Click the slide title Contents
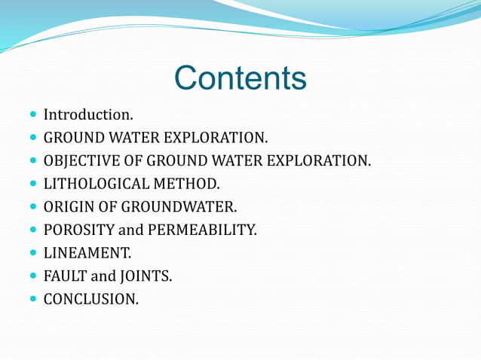point(240,78)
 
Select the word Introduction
point(88,115)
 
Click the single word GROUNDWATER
point(185,206)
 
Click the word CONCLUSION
point(90,298)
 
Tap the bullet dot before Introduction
point(31,116)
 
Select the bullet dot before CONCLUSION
point(31,299)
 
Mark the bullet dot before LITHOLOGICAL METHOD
point(31,184)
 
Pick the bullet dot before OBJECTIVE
point(31,161)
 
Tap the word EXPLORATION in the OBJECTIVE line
point(312,160)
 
